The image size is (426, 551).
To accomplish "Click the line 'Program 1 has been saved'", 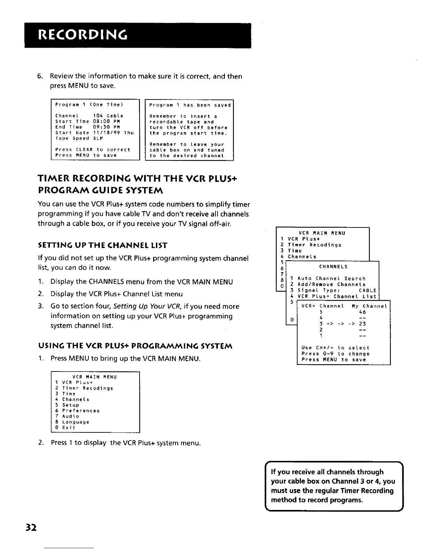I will click(x=190, y=105).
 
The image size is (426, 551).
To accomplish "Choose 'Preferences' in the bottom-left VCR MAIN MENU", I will click(x=81, y=411).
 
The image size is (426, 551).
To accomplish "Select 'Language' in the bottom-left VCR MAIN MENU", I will click(x=76, y=422).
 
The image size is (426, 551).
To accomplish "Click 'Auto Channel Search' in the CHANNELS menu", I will click(x=331, y=279).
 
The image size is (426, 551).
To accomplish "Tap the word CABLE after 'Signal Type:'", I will click(x=368, y=290).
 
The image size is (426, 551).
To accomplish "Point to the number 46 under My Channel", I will click(x=362, y=312).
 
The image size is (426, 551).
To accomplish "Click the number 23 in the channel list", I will click(x=362, y=324).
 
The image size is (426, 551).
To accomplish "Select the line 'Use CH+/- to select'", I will click(x=336, y=348).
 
